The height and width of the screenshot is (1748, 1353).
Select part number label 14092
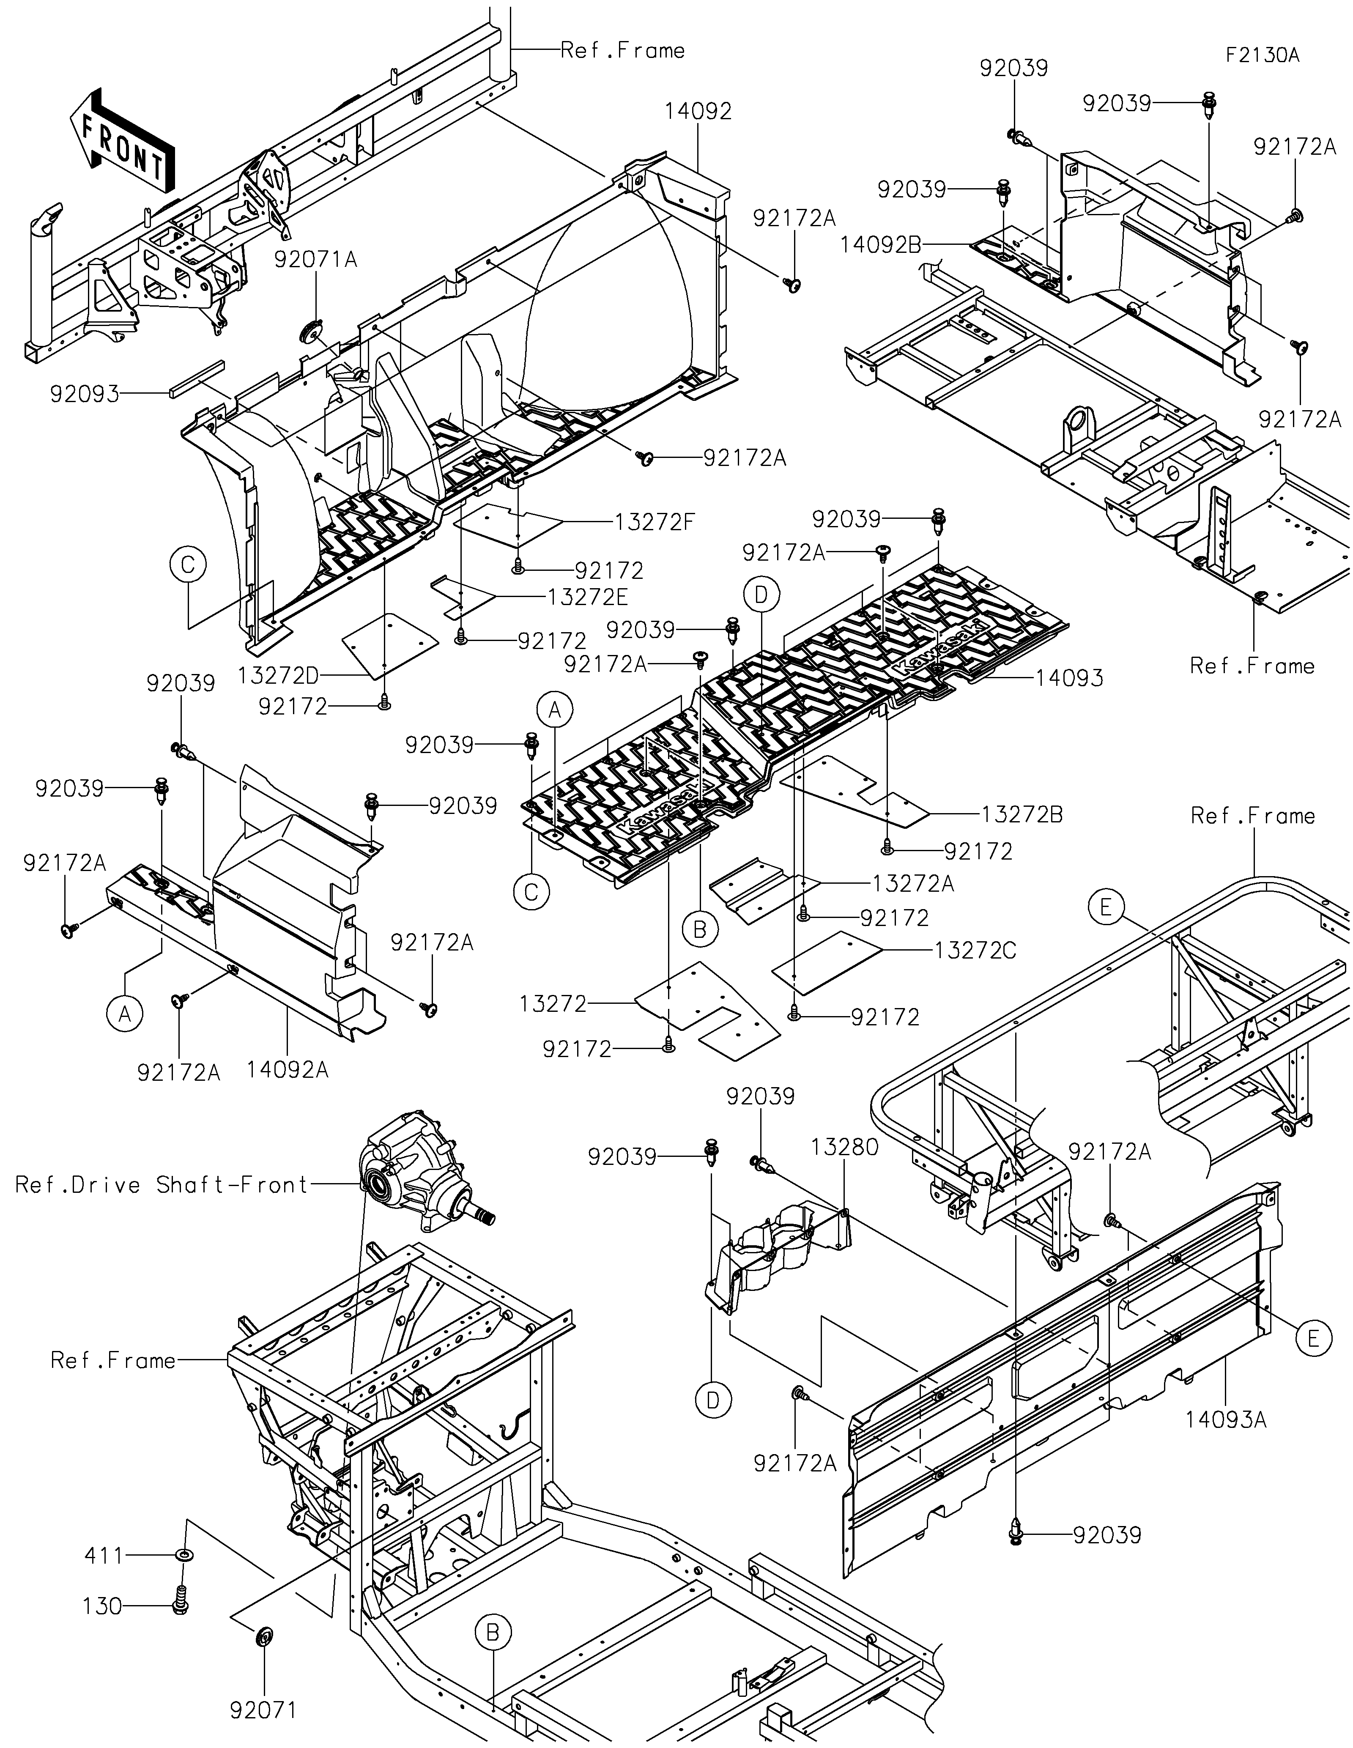coord(698,111)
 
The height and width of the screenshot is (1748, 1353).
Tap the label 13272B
coord(1022,815)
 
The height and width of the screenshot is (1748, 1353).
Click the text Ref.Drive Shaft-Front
coord(162,1184)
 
